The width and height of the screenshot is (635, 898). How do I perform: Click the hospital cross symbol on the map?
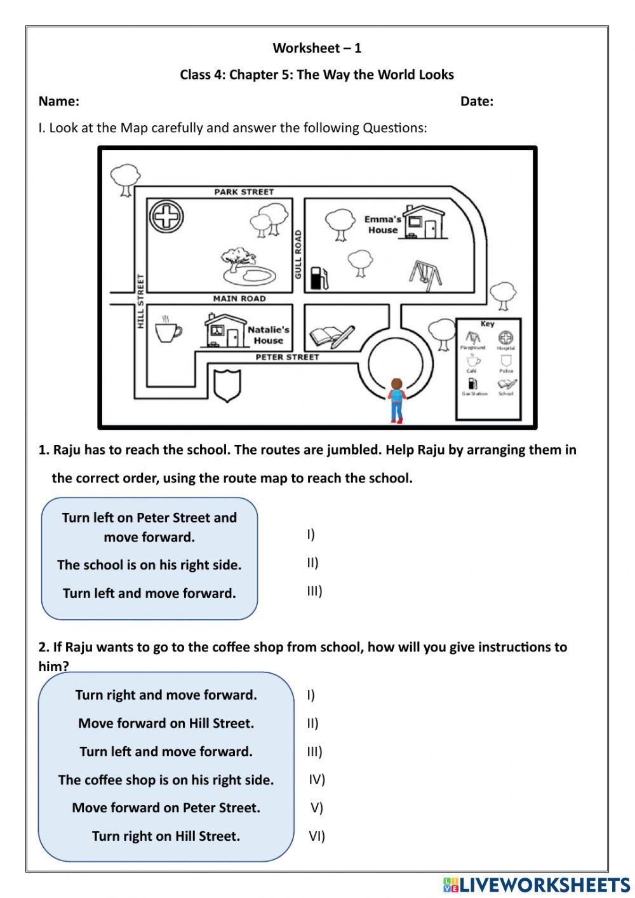[x=166, y=217]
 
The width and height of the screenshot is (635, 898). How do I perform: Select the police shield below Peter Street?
[x=227, y=385]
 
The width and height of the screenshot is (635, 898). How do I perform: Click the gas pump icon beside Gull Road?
[x=319, y=277]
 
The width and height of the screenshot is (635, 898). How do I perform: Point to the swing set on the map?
[x=422, y=272]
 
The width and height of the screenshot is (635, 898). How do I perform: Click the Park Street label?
[x=244, y=191]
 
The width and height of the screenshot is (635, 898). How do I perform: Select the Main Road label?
[x=239, y=298]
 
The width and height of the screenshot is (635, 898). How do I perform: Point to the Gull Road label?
[x=298, y=254]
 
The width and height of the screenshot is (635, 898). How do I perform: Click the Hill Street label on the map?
[x=141, y=301]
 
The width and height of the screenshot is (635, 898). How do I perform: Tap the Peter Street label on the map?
[x=287, y=357]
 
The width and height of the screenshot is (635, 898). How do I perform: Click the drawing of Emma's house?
[x=424, y=222]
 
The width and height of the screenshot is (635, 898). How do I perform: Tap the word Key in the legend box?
[x=487, y=323]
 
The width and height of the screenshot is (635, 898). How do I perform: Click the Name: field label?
[x=59, y=101]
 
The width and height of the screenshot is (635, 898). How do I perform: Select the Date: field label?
[x=477, y=101]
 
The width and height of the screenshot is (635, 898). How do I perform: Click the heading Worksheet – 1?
[x=317, y=48]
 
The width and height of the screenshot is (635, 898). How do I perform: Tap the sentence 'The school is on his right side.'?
[x=149, y=565]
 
